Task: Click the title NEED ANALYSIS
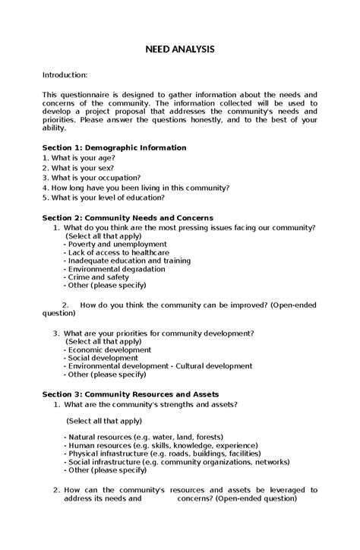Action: pyautogui.click(x=180, y=49)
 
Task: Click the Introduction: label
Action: pyautogui.click(x=65, y=75)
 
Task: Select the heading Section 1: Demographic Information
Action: pyautogui.click(x=114, y=147)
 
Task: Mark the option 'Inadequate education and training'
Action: pyautogui.click(x=126, y=261)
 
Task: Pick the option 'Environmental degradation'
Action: pyautogui.click(x=114, y=269)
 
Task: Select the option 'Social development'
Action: pyautogui.click(x=100, y=358)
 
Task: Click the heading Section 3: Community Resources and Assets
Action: pyautogui.click(x=130, y=394)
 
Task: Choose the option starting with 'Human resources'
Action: pyautogui.click(x=150, y=446)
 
